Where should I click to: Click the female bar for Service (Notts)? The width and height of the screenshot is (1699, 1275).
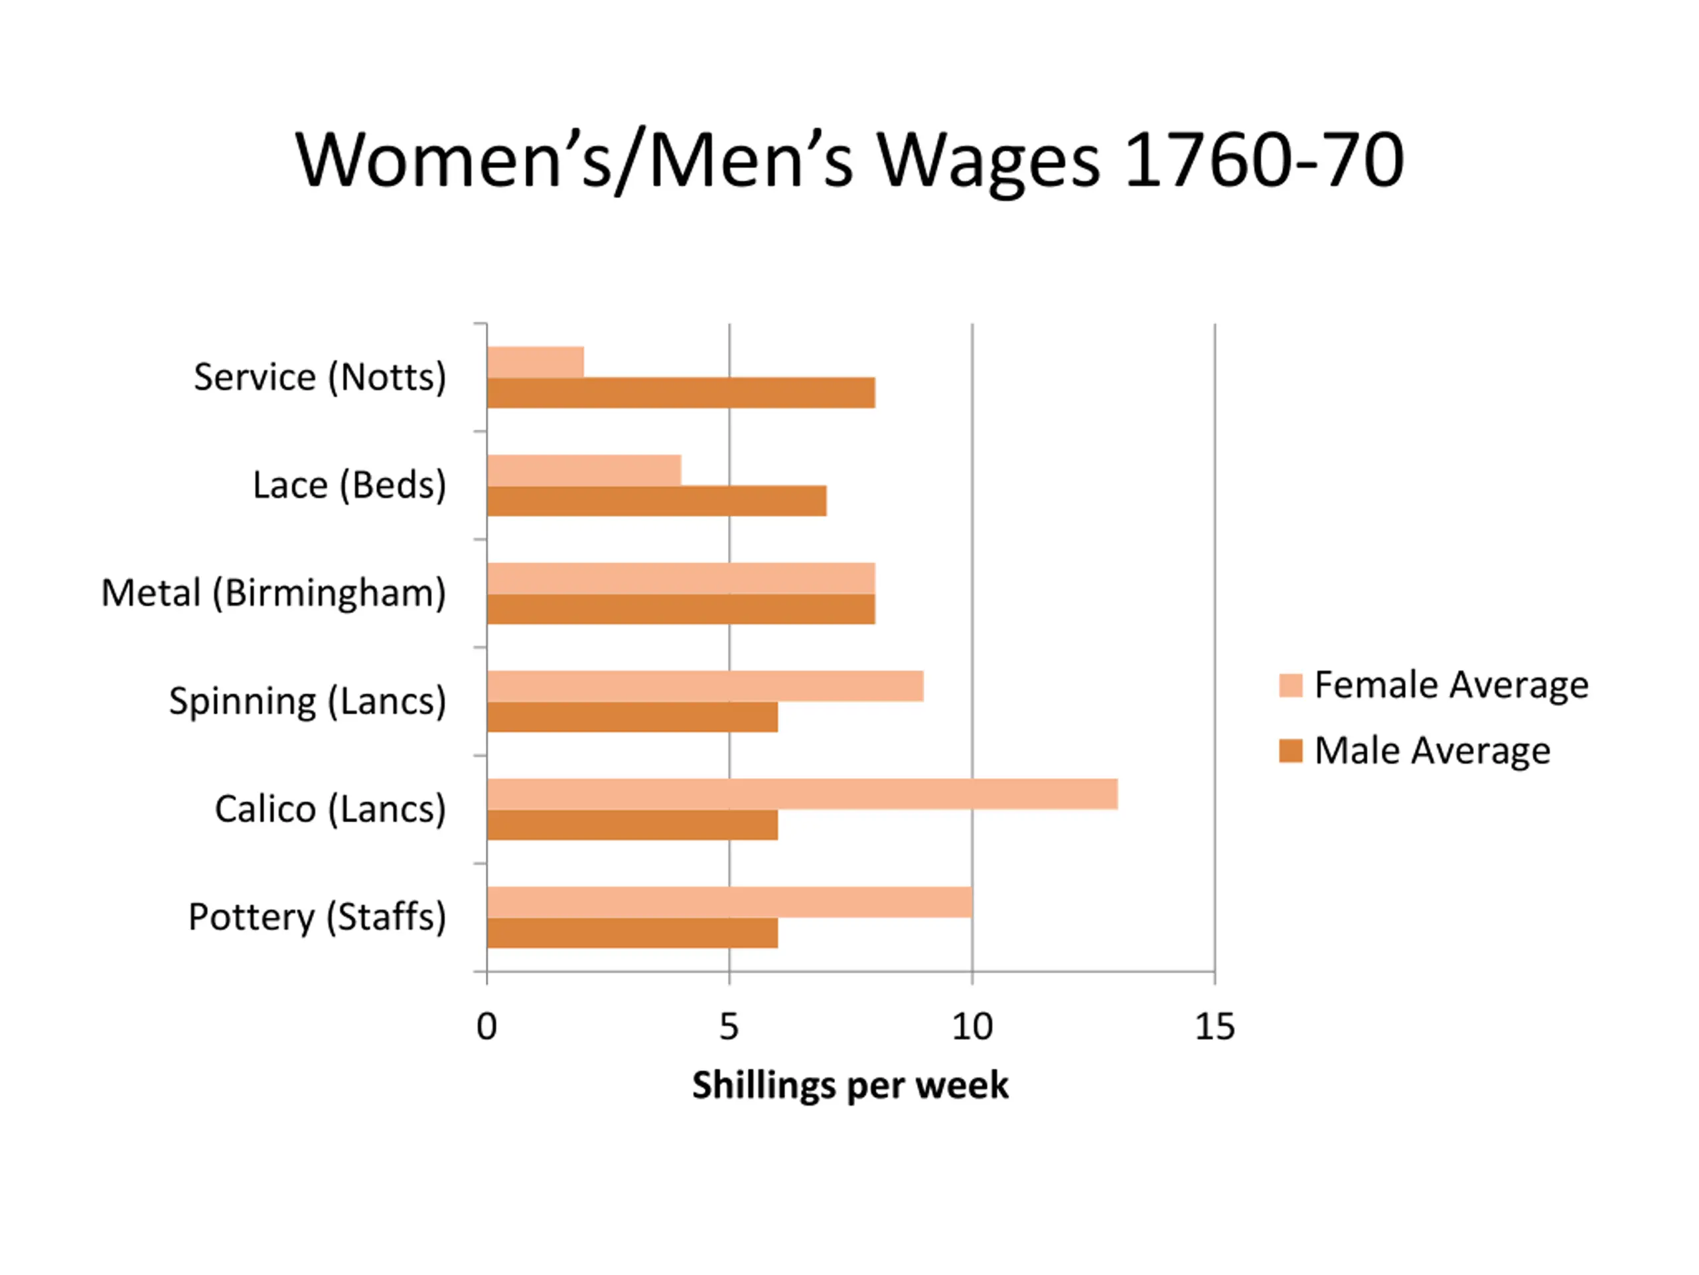pos(536,362)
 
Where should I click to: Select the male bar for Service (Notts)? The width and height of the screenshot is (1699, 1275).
pos(680,392)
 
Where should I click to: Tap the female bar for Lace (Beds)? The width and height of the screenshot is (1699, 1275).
pos(584,469)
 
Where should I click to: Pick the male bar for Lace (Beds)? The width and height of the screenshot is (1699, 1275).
pos(657,501)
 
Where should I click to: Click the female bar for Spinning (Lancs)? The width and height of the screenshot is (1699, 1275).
pos(705,685)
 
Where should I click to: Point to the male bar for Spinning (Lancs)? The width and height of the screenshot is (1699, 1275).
pos(632,717)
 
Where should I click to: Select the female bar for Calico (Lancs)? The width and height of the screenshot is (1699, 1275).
pos(802,794)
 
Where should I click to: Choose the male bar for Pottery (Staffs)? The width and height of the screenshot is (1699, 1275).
pos(632,933)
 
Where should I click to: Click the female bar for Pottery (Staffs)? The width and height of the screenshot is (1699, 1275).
pos(729,902)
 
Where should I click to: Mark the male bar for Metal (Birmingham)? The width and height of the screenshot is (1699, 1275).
pos(680,610)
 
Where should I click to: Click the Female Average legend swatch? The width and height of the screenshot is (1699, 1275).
pos(1290,685)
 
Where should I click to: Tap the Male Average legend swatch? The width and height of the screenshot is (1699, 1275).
pos(1290,751)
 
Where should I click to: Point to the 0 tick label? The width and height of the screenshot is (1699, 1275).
pos(487,1027)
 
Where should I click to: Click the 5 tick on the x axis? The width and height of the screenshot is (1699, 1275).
pos(729,1027)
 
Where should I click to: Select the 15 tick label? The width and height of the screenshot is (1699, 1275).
pos(1215,1027)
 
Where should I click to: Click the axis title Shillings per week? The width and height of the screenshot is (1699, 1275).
pos(849,1086)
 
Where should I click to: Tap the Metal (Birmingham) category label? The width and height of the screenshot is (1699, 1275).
pos(273,593)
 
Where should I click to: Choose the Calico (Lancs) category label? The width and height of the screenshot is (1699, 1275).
pos(331,809)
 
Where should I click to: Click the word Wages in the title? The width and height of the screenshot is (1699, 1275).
pos(988,161)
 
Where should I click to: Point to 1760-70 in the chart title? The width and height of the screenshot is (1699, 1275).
pos(1264,160)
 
